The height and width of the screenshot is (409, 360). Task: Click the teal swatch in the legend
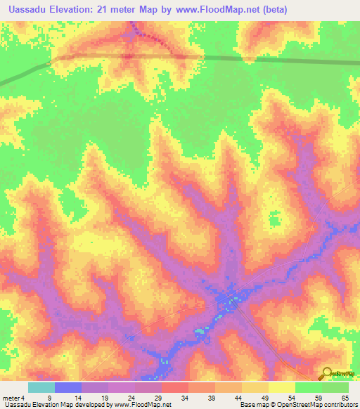(41, 388)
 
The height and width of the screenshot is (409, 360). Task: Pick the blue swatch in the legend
(68, 388)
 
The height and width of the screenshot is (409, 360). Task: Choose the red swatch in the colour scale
(175, 388)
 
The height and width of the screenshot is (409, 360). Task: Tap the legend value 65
(344, 397)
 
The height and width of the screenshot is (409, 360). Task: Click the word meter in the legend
(12, 397)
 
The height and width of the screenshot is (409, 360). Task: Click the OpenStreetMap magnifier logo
(326, 373)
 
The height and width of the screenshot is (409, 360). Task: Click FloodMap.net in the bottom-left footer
(143, 405)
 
